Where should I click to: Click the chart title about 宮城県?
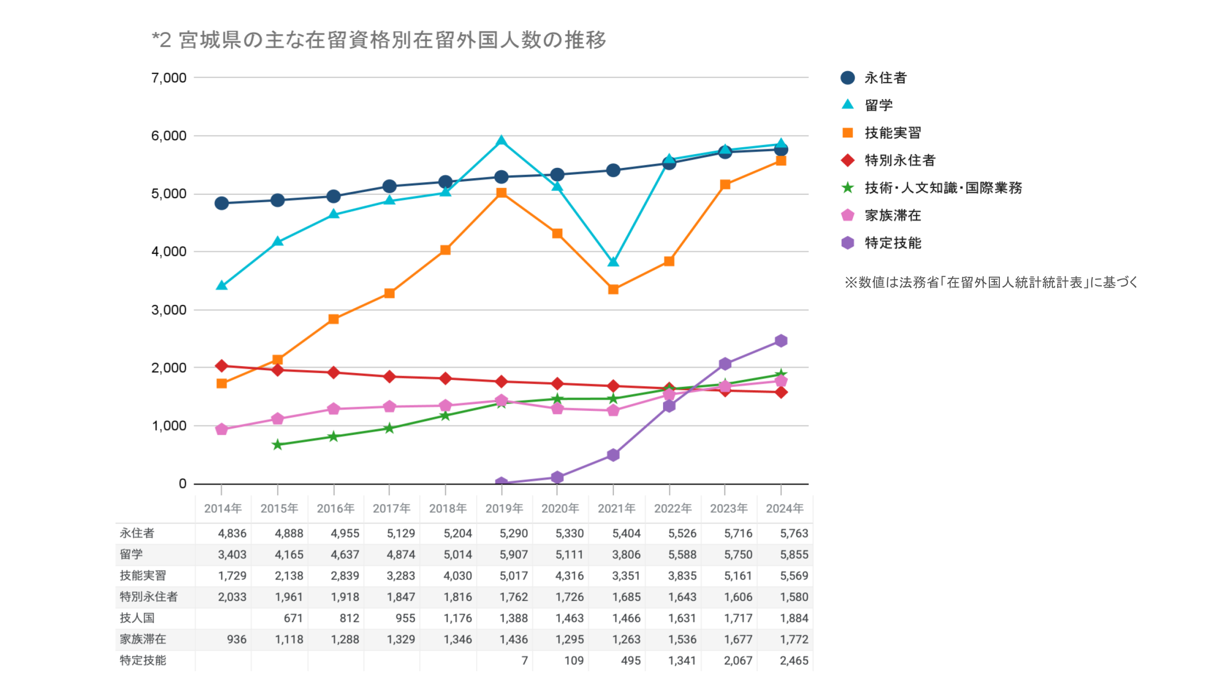tap(379, 40)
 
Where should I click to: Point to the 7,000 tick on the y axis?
tap(169, 78)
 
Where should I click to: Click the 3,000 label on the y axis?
tap(169, 310)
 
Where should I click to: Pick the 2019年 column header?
tap(504, 508)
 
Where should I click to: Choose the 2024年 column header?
tap(784, 508)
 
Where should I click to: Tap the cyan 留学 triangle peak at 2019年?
tap(501, 141)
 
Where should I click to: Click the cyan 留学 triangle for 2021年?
tap(613, 262)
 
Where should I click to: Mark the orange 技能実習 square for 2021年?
tap(613, 290)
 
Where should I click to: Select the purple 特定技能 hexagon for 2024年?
tap(781, 341)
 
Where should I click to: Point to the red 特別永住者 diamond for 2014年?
tap(221, 366)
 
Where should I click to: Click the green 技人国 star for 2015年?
tap(277, 445)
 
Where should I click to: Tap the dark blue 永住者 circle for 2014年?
tap(221, 203)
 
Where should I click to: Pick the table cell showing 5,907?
tap(513, 555)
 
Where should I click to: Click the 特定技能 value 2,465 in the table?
tap(794, 661)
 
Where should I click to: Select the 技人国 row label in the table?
tap(137, 618)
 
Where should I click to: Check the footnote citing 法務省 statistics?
tap(990, 283)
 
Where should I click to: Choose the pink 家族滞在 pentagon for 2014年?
tap(221, 429)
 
